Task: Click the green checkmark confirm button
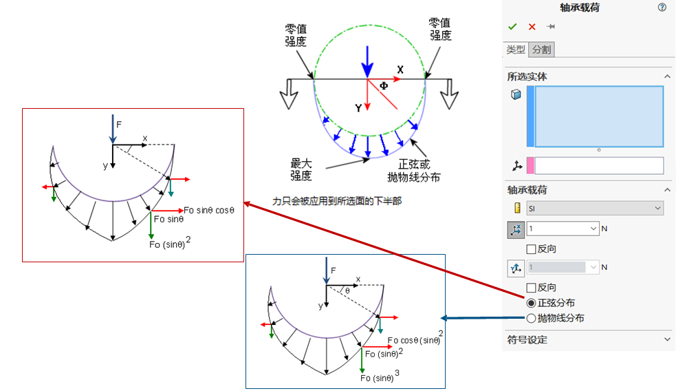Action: (512, 27)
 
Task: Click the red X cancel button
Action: (532, 27)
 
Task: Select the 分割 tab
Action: (541, 50)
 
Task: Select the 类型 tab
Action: (516, 50)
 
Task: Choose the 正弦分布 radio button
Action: (531, 303)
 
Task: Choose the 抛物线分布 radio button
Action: (531, 319)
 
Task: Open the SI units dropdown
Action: (594, 208)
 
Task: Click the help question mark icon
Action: (662, 8)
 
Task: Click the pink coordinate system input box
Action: (599, 165)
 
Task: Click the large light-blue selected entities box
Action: (598, 116)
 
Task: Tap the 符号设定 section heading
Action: (527, 339)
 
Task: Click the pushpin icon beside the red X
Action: (551, 27)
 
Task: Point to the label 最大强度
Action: (301, 169)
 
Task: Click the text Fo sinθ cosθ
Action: (210, 210)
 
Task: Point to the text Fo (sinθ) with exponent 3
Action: (379, 377)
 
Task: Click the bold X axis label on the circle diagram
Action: (400, 70)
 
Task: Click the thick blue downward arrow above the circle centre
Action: (368, 61)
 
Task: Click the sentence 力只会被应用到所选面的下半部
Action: (337, 201)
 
